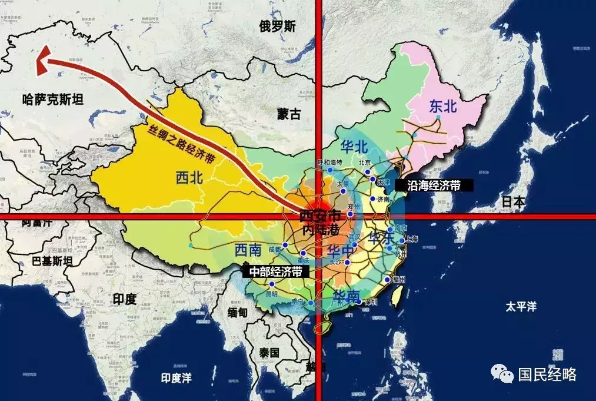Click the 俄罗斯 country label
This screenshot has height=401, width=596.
coord(278,26)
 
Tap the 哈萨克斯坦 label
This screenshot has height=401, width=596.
coord(52,100)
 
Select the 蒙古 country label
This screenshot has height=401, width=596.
coord(289,114)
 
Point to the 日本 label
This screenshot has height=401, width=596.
coord(513,201)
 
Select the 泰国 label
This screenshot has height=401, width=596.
coord(268,352)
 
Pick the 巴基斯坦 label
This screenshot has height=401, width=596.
coord(52,260)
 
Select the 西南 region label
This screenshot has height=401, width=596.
coord(248,250)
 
